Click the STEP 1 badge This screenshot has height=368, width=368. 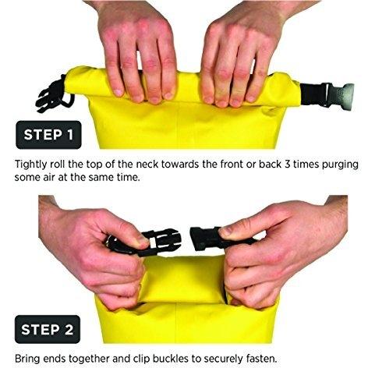coord(48,135)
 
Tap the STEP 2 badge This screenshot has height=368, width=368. coord(48,329)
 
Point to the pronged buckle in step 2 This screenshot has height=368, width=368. coord(158,242)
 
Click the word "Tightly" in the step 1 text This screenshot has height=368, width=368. coord(31,165)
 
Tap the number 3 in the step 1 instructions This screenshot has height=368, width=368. coord(288,165)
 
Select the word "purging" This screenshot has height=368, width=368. coord(340,165)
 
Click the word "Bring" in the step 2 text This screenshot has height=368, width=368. coord(27,359)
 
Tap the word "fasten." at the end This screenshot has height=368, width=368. coord(261,359)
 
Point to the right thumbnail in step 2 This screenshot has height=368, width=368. coord(226,231)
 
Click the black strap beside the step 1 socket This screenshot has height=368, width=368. coord(313,94)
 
